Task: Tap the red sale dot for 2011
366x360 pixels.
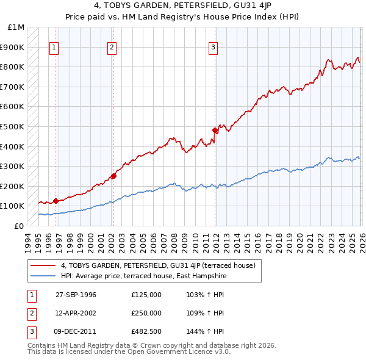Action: [x=215, y=130]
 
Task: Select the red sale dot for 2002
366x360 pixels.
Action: [x=113, y=176]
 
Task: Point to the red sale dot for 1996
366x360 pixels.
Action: [x=56, y=201]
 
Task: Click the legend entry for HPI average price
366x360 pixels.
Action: [x=143, y=276]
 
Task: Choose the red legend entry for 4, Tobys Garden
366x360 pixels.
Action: [x=162, y=265]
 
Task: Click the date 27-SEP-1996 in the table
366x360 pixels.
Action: [x=76, y=295]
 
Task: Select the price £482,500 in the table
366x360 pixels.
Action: [x=146, y=331]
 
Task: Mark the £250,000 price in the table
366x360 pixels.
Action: [x=146, y=313]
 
